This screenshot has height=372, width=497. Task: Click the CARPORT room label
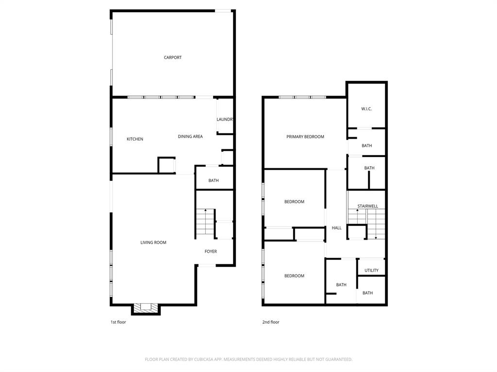(172, 58)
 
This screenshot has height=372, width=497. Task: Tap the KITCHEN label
(135, 139)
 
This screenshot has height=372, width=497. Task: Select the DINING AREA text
(190, 137)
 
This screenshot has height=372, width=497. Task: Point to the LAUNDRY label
(225, 119)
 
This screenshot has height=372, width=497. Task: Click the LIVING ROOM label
(153, 243)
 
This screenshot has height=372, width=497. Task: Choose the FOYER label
(211, 252)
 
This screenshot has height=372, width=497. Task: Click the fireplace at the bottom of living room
(146, 308)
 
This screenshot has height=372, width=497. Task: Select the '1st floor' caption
(118, 322)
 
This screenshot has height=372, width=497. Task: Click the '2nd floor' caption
(271, 322)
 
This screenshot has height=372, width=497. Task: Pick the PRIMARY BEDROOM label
(305, 137)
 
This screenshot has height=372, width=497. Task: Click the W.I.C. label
(366, 109)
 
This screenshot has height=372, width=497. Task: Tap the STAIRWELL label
(367, 207)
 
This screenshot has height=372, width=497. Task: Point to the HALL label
(336, 228)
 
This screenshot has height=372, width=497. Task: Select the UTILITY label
(371, 271)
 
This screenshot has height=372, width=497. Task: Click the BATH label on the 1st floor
(214, 181)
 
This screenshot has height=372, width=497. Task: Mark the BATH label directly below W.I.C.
(366, 146)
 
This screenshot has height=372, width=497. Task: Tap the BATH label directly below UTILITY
(367, 293)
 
